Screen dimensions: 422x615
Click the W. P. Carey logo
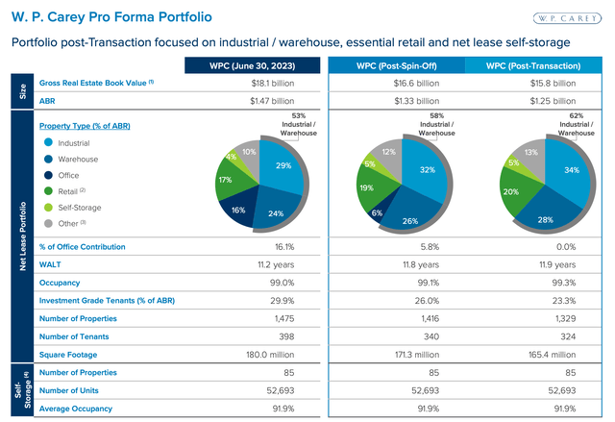568,18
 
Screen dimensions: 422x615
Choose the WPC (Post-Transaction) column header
534,65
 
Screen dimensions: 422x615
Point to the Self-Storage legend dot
47,208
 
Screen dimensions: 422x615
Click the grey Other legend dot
47,224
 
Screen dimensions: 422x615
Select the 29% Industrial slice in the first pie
283,166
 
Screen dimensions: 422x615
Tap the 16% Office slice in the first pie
239,209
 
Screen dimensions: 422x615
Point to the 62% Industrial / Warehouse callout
576,126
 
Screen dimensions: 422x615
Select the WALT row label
50,265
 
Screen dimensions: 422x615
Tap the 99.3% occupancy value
534,283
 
